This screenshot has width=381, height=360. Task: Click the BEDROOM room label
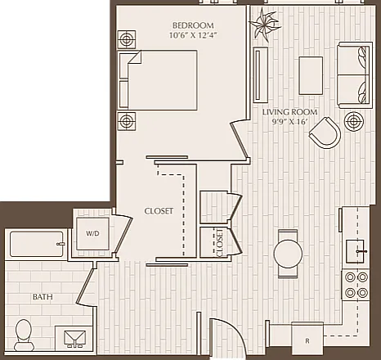193,25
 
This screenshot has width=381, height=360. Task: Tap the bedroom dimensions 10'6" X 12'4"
193,35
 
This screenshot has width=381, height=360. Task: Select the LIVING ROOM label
289,112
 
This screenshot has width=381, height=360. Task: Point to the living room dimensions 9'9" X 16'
289,122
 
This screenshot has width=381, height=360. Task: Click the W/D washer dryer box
92,233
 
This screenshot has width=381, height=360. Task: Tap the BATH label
43,297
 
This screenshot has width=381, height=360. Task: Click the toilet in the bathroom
24,335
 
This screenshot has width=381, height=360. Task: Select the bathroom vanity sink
74,339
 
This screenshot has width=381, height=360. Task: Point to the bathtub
38,244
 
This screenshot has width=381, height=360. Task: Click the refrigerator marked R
307,338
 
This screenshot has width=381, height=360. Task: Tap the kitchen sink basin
356,251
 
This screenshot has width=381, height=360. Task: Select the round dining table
288,254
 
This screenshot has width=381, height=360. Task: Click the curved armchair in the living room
325,133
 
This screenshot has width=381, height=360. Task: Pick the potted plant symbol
264,25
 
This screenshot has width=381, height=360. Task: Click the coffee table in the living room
311,75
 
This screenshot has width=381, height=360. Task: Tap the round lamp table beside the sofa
353,121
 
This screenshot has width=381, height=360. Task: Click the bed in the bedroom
158,80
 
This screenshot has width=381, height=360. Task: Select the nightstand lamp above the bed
127,39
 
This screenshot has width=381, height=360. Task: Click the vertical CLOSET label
219,243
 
